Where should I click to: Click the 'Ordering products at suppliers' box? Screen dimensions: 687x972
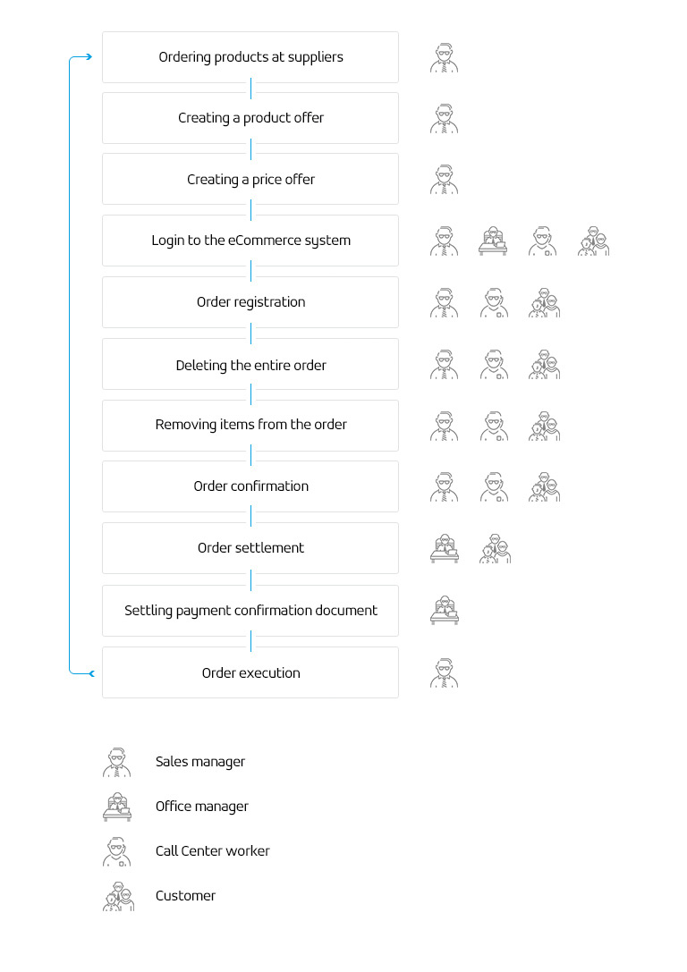[x=250, y=57]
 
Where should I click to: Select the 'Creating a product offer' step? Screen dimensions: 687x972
[x=250, y=118]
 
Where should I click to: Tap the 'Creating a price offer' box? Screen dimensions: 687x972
[x=250, y=179]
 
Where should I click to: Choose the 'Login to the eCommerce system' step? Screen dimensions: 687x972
[x=250, y=241]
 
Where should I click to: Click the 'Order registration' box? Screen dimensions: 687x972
[x=250, y=302]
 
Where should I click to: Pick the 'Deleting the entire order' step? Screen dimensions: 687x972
[x=250, y=365]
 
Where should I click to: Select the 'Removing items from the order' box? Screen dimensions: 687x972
[x=250, y=426]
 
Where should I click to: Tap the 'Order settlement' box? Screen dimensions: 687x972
[x=250, y=548]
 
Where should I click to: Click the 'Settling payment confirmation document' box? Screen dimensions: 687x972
[x=250, y=611]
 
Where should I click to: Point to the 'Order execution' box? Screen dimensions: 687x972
[x=250, y=672]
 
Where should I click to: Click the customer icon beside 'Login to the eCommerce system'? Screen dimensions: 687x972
[x=593, y=241]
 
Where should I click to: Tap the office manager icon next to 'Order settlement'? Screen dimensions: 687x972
[x=445, y=549]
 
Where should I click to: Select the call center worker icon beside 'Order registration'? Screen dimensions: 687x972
[x=494, y=302]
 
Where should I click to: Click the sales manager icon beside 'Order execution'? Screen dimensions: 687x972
[x=444, y=673]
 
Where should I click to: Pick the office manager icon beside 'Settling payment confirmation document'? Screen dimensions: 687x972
[x=445, y=611]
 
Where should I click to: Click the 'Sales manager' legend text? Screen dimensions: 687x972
[x=200, y=762]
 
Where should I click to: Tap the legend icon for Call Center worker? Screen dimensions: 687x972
[x=116, y=852]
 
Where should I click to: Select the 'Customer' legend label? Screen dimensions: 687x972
[x=185, y=896]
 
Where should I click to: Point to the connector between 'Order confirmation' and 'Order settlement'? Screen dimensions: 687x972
[x=251, y=517]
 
